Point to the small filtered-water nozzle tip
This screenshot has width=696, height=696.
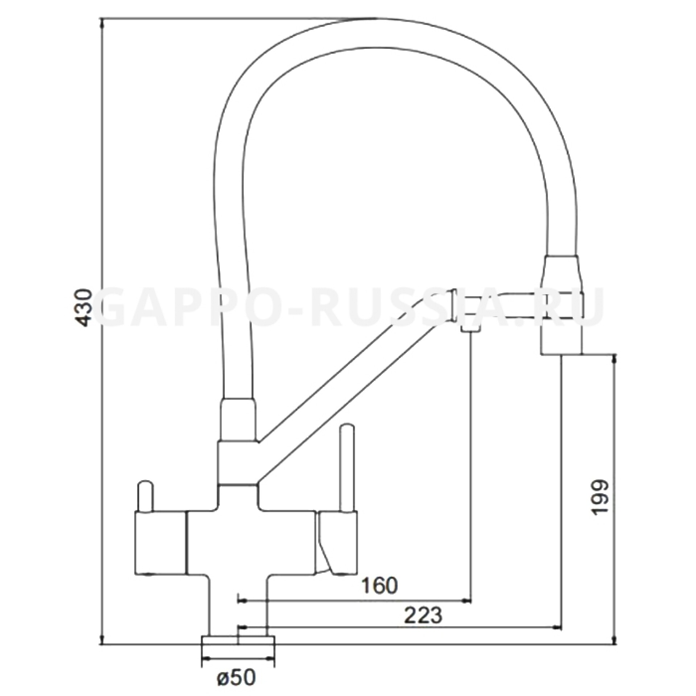[470, 329]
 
